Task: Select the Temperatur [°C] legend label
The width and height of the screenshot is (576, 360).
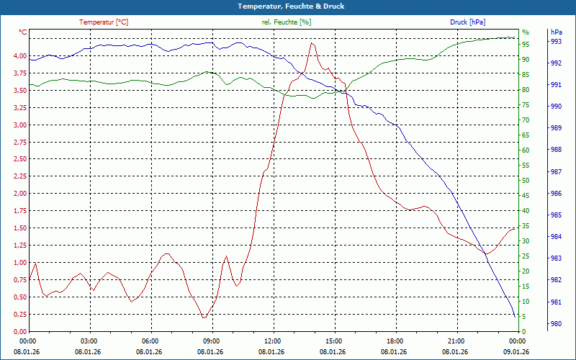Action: click(104, 22)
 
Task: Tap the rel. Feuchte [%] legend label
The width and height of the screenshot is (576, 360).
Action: click(287, 22)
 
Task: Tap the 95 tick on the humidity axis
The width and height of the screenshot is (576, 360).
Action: click(526, 45)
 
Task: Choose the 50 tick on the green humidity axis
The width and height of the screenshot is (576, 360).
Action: click(526, 181)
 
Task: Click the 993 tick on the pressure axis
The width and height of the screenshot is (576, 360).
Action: click(556, 42)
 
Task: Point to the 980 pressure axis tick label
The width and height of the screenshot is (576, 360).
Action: click(556, 324)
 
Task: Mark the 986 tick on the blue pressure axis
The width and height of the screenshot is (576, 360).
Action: click(556, 194)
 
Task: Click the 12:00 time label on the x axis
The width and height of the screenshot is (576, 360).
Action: click(273, 341)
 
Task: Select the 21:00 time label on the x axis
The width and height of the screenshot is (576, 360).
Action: click(456, 341)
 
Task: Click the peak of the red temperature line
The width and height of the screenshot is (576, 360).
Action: click(312, 43)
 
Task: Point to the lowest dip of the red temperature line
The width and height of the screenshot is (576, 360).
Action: click(204, 318)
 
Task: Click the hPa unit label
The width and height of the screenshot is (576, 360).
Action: click(557, 32)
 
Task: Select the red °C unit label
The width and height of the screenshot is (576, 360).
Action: click(23, 32)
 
